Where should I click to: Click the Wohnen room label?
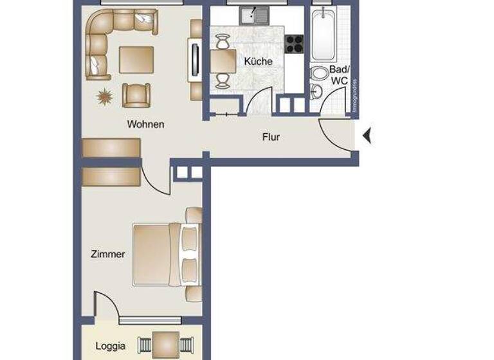pos(145,124)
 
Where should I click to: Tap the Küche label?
pos(258,62)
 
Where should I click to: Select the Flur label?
pos(271,137)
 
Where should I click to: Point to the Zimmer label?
pos(107,254)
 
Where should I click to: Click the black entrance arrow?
pos(367,136)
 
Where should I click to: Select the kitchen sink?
pos(254,15)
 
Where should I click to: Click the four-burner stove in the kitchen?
pos(294,43)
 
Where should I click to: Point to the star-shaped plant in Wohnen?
pos(104,97)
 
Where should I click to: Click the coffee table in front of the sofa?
pos(136,59)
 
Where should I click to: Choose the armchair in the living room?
pos(136,95)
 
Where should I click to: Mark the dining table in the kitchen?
pos(222,62)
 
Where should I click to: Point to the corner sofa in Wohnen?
pos(109,35)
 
